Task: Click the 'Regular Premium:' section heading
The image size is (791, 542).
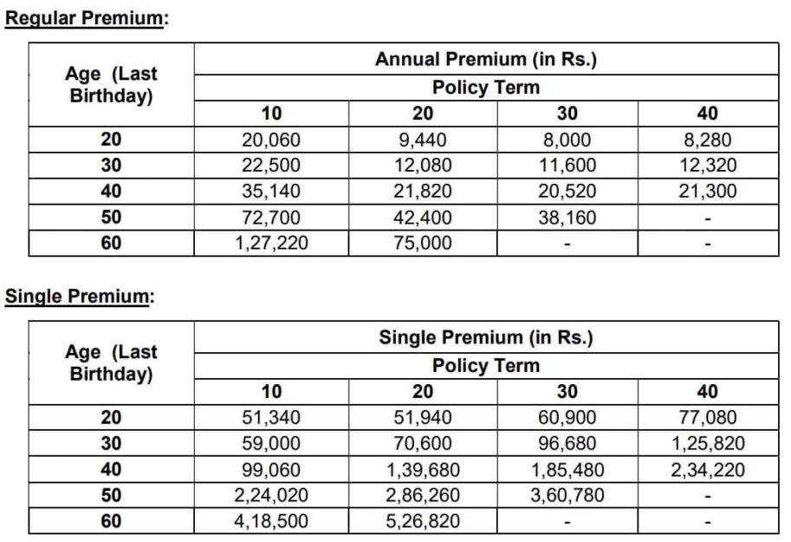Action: click(85, 18)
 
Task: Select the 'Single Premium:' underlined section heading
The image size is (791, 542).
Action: click(79, 297)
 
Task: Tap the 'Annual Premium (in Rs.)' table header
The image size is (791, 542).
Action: click(486, 60)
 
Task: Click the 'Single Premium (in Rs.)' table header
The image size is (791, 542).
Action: click(486, 338)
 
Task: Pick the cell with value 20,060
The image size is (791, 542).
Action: click(271, 140)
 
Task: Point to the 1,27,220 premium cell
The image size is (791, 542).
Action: click(271, 244)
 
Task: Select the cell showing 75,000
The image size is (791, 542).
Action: click(422, 244)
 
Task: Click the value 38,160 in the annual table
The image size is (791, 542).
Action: click(567, 218)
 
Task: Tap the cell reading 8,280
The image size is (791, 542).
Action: click(707, 140)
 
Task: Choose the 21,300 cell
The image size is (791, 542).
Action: click(707, 192)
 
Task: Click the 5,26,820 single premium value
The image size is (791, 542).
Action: click(422, 522)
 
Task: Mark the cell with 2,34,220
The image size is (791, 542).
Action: click(707, 470)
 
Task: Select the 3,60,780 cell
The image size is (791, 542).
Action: click(567, 496)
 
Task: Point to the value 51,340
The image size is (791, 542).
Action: click(271, 418)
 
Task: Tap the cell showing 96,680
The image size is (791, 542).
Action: click(567, 444)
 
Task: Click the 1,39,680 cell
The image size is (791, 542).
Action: click(422, 470)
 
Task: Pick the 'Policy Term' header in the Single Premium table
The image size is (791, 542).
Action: click(486, 365)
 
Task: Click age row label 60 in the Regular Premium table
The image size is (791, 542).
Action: click(111, 244)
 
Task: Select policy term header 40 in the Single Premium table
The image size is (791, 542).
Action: click(707, 392)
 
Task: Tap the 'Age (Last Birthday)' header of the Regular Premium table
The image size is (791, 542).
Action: click(111, 85)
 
